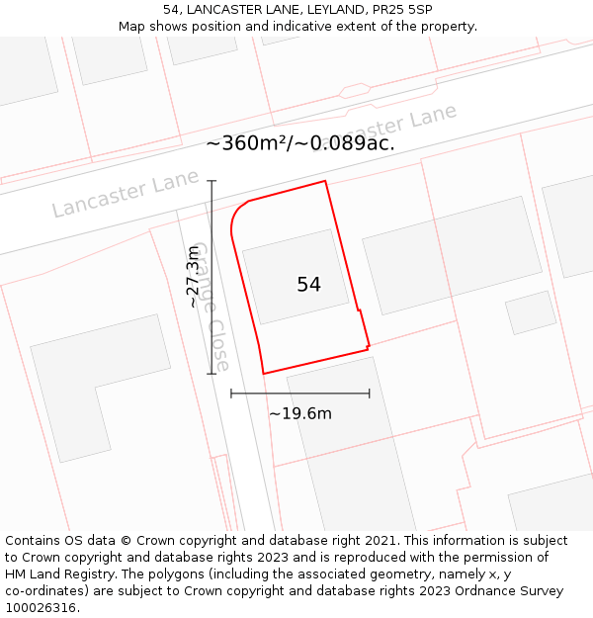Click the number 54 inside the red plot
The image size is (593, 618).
(x=308, y=285)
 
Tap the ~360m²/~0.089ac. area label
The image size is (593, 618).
(x=299, y=143)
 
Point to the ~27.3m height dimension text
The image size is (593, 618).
(x=195, y=278)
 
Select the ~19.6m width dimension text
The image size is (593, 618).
(x=300, y=413)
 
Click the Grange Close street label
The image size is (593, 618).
(x=210, y=307)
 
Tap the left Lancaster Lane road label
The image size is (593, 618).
(x=111, y=195)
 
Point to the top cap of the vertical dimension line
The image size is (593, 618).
(x=212, y=181)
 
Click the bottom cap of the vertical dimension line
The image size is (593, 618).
(x=212, y=374)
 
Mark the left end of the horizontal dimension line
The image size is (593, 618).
(x=231, y=394)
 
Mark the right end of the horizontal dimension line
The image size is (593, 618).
(x=370, y=394)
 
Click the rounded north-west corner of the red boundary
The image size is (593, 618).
(x=236, y=213)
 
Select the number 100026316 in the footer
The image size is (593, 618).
(x=41, y=608)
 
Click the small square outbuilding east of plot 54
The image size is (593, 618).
(x=531, y=312)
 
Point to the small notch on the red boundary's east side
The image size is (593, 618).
(x=361, y=312)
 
